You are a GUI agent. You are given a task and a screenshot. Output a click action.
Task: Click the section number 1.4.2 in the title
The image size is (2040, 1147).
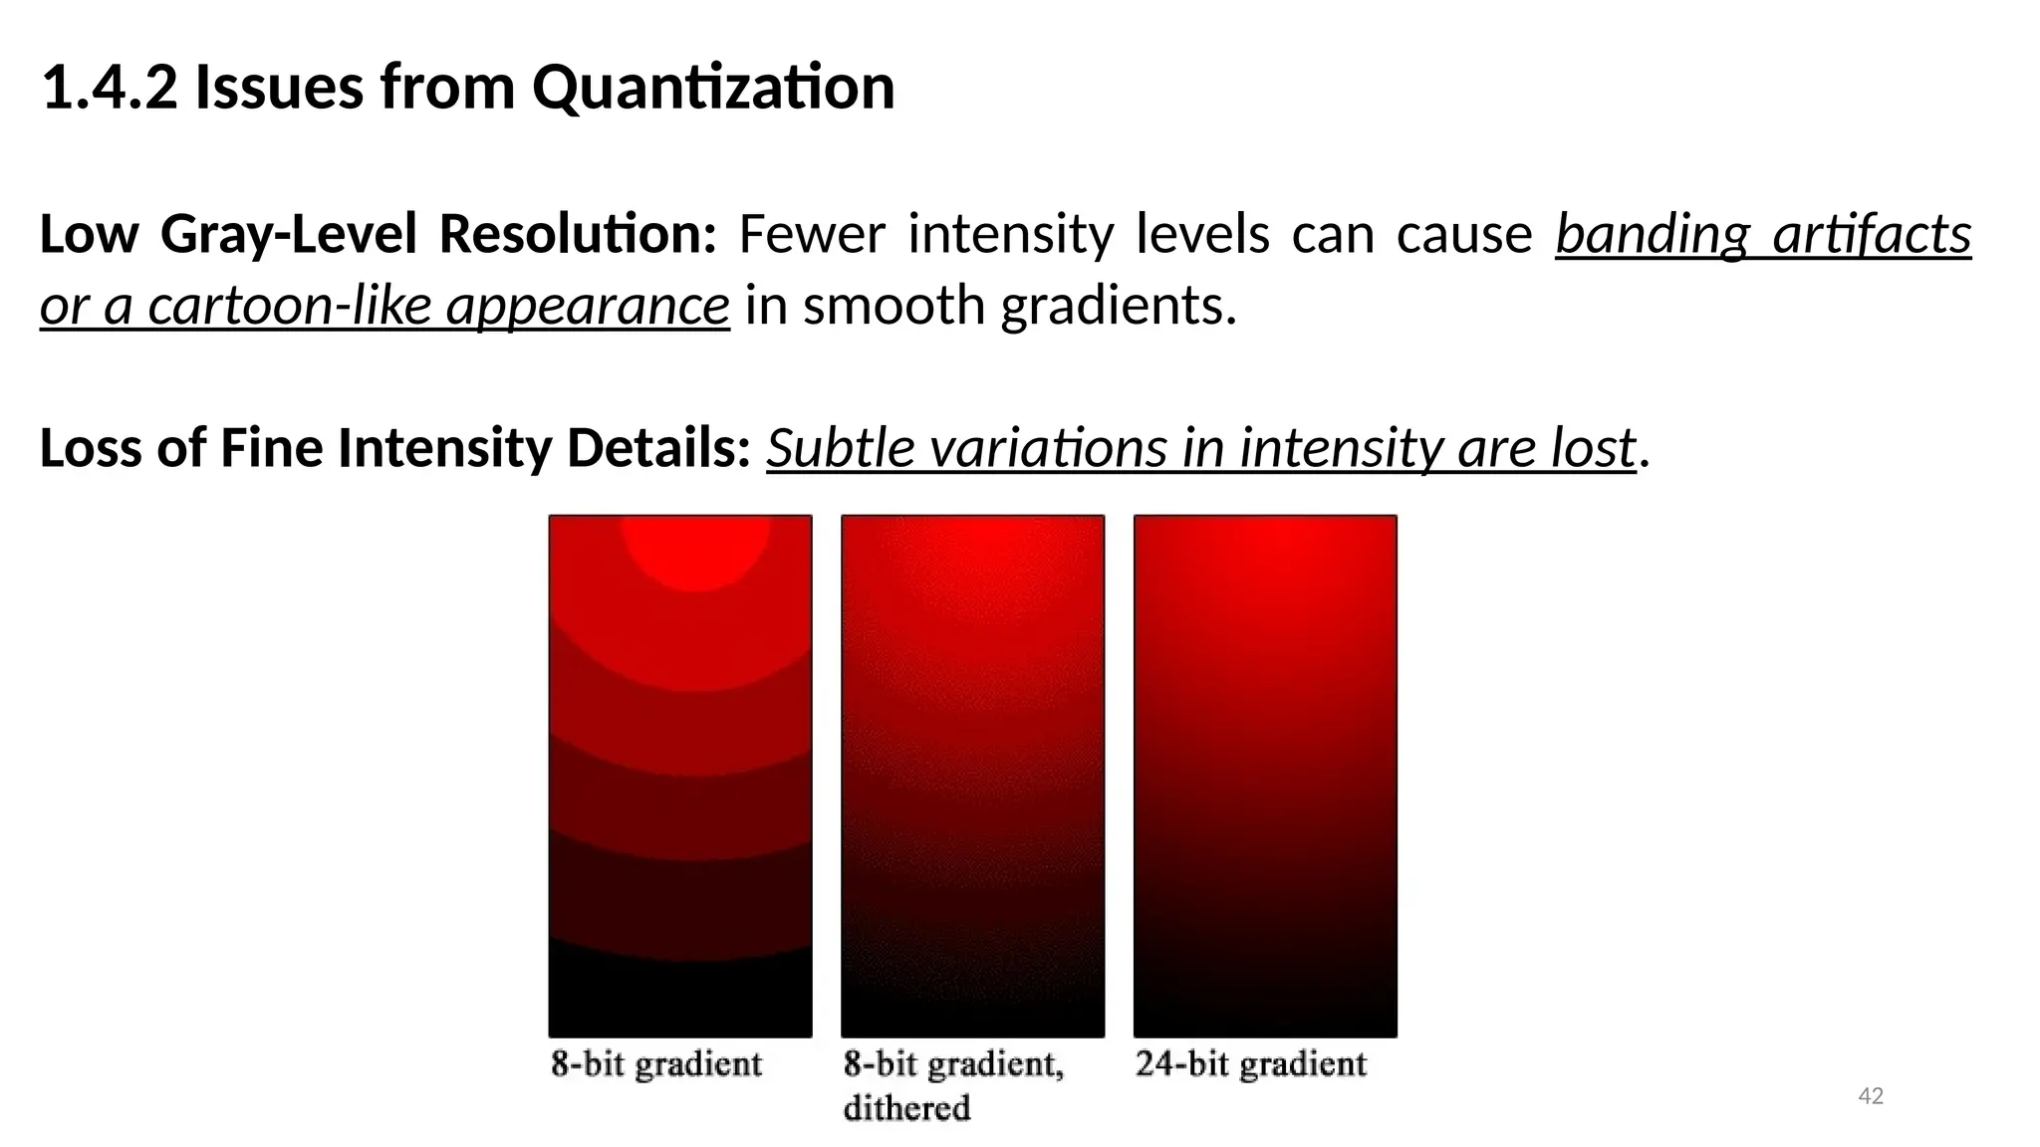110,88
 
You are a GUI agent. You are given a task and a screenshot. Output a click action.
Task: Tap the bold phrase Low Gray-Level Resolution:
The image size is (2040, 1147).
378,236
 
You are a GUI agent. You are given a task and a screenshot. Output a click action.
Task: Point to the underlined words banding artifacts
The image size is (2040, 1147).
1763,236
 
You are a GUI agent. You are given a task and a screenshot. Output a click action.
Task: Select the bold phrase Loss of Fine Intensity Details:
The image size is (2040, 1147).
394,448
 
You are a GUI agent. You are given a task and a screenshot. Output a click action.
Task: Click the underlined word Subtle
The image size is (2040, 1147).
836,448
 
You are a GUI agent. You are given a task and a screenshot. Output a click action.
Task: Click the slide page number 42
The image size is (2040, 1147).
1871,1096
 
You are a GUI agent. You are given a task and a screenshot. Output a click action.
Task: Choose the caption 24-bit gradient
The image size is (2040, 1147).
1251,1064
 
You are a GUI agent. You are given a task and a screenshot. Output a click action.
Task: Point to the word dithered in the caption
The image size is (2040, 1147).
906,1107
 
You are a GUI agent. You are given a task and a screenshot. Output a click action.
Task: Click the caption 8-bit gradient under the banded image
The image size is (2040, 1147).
656,1064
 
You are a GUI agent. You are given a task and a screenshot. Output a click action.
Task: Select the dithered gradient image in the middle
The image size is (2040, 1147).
972,776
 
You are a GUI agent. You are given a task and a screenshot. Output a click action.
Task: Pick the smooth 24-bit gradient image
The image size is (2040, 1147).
1265,776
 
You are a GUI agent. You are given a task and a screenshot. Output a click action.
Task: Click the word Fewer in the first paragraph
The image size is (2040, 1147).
811,236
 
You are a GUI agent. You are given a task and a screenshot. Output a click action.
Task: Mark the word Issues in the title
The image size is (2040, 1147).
279,88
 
